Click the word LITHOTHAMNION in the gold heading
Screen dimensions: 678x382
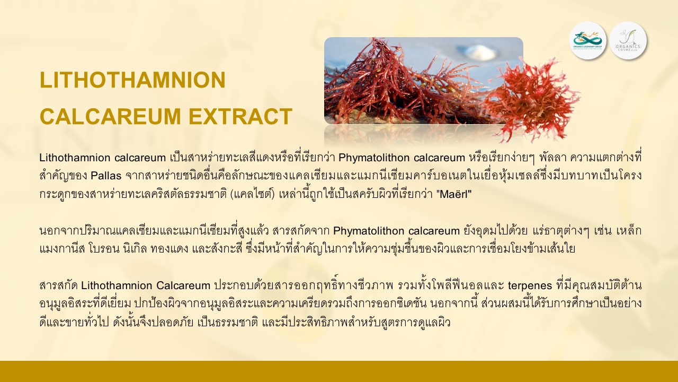coord(132,80)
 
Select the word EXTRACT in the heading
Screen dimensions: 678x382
coord(240,116)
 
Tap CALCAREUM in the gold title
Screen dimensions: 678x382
coord(111,116)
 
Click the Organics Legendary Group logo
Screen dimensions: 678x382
coord(588,40)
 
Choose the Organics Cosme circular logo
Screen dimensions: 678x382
coord(628,40)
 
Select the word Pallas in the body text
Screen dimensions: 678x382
coord(106,176)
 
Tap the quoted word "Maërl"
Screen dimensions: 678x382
coord(454,194)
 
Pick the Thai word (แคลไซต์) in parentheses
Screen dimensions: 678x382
coord(253,194)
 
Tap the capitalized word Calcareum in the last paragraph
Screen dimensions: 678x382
coord(183,285)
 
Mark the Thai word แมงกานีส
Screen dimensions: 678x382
coord(63,249)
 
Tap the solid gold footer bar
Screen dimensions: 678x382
coord(339,371)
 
